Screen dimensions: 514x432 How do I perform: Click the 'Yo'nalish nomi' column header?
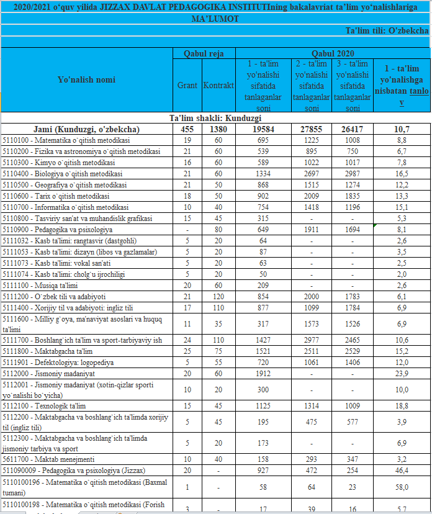pos(86,79)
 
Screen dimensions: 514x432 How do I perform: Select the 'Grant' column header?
pos(187,85)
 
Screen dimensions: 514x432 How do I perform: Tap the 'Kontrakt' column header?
pos(218,85)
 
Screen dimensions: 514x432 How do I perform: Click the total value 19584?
pos(264,129)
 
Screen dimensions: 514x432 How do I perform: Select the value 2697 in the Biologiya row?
pos(311,174)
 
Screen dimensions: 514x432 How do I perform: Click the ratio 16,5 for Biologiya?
pos(402,174)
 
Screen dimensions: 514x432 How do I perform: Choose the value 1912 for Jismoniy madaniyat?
pos(264,374)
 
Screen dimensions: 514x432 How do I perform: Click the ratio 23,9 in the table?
pos(402,374)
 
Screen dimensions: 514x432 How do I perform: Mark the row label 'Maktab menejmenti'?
pos(48,459)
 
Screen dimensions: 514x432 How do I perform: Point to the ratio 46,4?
pos(402,471)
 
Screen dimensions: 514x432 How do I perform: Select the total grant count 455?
pos(187,129)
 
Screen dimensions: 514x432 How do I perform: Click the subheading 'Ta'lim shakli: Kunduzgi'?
pos(215,118)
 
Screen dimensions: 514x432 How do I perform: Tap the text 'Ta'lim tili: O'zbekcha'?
pos(387,30)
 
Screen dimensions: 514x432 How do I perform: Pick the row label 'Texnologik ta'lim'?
pos(43,406)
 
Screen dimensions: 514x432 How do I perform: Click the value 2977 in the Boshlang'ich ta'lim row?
pos(311,340)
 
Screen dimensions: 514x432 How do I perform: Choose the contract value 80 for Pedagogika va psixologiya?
pos(218,230)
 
